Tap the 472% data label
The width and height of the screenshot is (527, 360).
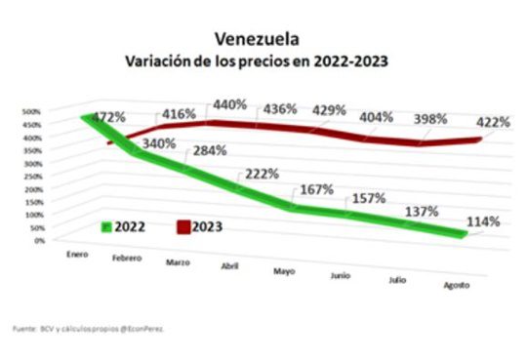pos(107,117)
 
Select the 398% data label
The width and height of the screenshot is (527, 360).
pos(428,119)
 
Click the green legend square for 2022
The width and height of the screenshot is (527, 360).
pos(106,226)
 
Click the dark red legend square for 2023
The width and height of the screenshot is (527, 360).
pos(182,226)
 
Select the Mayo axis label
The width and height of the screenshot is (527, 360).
pos(285,270)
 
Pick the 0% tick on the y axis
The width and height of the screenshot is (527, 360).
pos(38,240)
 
